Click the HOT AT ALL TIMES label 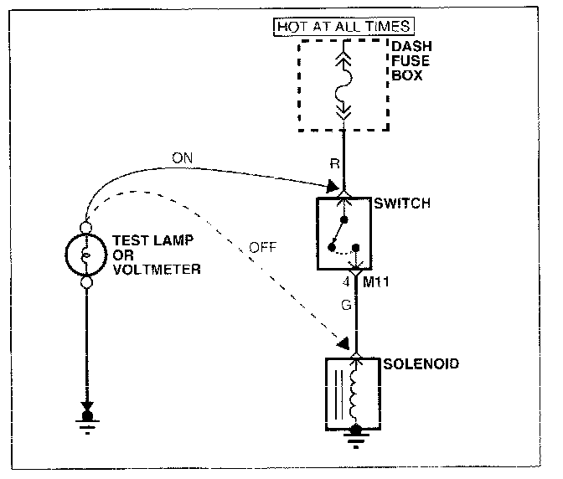(343, 27)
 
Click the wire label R (333, 164)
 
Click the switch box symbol (343, 234)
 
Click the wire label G (346, 307)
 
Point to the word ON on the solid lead (181, 157)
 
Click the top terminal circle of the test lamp (85, 226)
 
